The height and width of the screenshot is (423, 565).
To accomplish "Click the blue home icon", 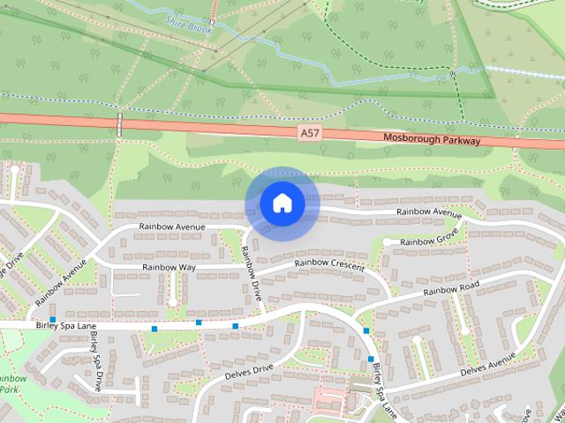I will tap(282, 204).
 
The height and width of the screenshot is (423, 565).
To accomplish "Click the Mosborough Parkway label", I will tap(432, 139).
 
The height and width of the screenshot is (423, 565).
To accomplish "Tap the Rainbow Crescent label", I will tap(329, 263).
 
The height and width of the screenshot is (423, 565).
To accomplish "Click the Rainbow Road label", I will tap(450, 291).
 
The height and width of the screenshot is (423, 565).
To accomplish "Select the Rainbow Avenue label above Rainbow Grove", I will tap(429, 212).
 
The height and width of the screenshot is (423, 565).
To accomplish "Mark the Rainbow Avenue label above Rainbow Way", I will tap(171, 227).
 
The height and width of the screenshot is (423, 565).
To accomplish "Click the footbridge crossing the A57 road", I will tap(119, 123).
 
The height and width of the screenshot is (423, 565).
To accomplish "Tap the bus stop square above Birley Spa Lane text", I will tap(53, 319).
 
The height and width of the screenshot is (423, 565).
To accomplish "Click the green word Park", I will tap(9, 389).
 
